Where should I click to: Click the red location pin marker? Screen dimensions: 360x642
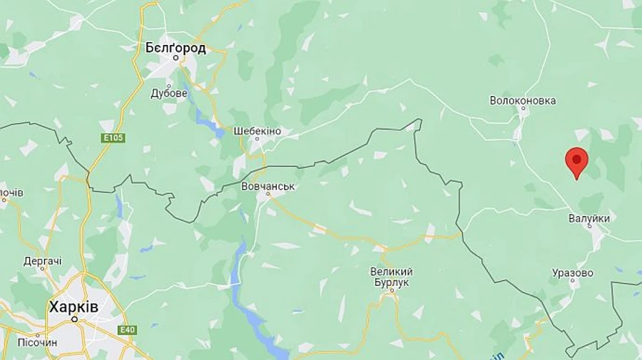tap(576, 161)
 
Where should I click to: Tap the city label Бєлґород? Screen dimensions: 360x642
tap(175, 48)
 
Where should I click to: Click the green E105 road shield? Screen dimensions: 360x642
tap(113, 138)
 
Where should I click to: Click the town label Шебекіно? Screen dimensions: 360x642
tap(258, 131)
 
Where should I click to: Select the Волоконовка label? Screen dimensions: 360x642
tap(523, 101)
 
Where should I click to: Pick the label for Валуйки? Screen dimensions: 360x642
tap(589, 218)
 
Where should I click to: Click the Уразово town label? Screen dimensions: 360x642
tap(573, 272)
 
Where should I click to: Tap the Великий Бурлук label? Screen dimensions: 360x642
tap(392, 277)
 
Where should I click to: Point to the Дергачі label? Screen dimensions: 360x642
tap(42, 261)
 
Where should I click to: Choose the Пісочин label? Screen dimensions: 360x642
tap(32, 342)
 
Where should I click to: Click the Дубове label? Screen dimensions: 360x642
tap(169, 93)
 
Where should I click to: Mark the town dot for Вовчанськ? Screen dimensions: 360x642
tap(268, 194)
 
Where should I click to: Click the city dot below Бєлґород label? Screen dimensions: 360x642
tap(175, 58)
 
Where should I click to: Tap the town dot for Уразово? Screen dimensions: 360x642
tap(573, 282)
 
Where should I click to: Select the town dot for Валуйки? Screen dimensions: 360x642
tap(589, 227)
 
